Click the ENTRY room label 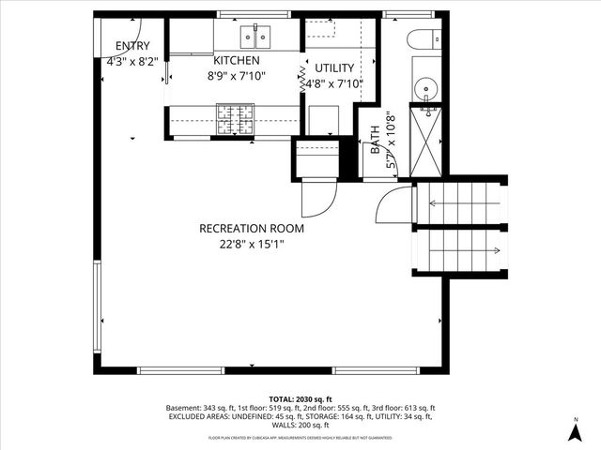point(132,47)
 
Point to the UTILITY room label point(333,68)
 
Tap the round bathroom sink point(428,91)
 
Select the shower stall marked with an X point(427,142)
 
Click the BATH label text point(376,142)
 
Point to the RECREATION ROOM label point(251,228)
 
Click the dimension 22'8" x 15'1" point(251,245)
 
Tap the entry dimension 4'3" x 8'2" point(132,63)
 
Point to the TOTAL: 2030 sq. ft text point(300,399)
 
